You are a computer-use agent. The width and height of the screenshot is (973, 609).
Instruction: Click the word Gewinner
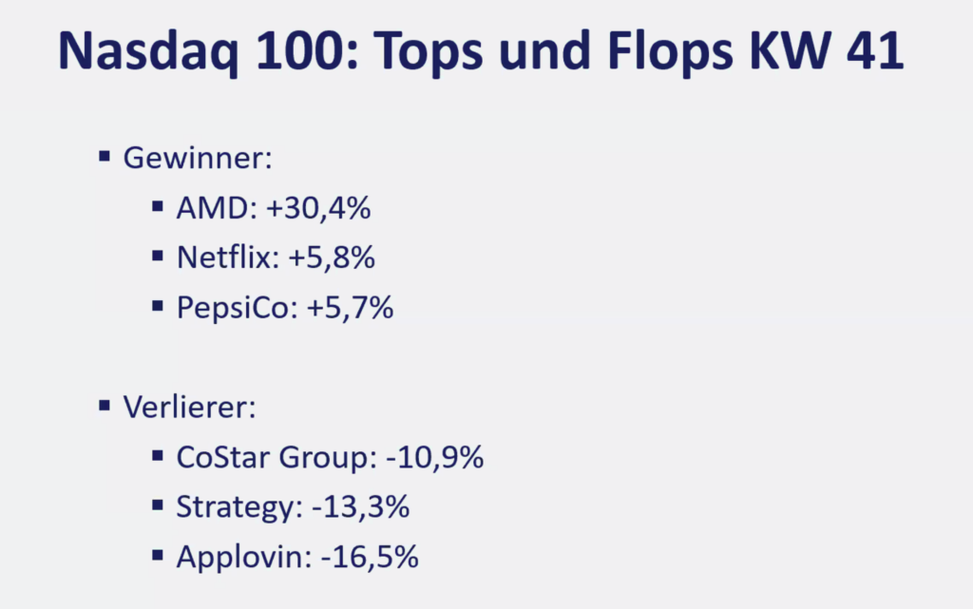pyautogui.click(x=197, y=158)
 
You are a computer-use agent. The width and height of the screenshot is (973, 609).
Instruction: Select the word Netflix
pyautogui.click(x=223, y=258)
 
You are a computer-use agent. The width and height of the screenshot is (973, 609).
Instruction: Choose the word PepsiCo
pyautogui.click(x=234, y=309)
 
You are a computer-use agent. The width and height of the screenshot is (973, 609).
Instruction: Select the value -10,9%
pyautogui.click(x=435, y=458)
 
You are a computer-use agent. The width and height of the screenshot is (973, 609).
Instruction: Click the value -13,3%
pyautogui.click(x=360, y=507)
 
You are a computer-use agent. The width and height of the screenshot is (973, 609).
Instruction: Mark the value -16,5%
pyautogui.click(x=370, y=558)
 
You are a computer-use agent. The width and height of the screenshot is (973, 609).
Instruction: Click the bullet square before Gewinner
pyautogui.click(x=105, y=155)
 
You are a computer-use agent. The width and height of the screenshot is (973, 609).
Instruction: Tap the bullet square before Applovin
pyautogui.click(x=158, y=555)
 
